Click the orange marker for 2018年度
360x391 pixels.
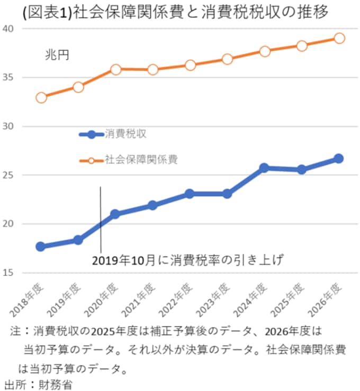click(x=41, y=97)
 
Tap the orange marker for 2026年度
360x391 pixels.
click(x=339, y=38)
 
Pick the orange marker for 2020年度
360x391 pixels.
click(x=116, y=69)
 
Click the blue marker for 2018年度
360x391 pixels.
click(x=41, y=247)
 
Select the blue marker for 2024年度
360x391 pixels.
click(x=265, y=168)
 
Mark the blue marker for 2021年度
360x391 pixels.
click(x=153, y=205)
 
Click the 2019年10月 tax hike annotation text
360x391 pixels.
click(x=188, y=260)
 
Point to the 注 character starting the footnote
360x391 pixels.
click(x=15, y=332)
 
